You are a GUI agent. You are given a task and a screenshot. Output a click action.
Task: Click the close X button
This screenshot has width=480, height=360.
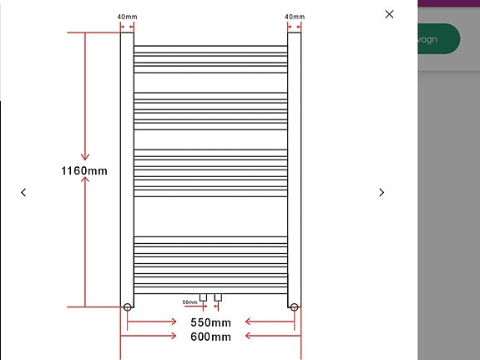pos(389,14)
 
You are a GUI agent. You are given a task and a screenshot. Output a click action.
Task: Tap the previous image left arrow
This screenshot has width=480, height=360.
pos(23,192)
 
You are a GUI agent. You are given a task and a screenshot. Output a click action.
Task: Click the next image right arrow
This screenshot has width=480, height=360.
pos(381,192)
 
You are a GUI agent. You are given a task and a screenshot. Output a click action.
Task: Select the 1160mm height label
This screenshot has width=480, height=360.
pos(84,170)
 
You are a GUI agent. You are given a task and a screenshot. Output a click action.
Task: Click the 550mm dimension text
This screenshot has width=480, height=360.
pos(210,322)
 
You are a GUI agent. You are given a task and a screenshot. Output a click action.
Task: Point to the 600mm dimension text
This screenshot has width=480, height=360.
pos(210,337)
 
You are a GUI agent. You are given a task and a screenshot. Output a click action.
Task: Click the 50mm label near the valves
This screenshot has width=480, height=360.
pos(189,302)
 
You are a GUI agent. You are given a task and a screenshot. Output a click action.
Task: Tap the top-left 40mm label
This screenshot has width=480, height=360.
pos(127,17)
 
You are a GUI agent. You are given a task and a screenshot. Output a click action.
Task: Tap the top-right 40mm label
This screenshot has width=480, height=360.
pos(294,17)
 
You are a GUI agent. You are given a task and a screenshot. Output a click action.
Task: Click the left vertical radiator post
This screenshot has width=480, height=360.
pos(127,167)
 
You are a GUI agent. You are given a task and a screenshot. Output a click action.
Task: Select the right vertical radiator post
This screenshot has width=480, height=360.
pos(294,167)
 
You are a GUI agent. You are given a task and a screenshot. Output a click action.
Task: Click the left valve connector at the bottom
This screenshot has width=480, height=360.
pos(203,297)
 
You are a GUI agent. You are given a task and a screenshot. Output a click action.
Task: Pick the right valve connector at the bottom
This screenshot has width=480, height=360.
pos(218,297)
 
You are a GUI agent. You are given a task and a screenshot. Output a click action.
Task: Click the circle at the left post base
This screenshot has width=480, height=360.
pos(127,307)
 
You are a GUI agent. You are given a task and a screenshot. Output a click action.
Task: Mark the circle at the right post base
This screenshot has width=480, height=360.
pos(294,307)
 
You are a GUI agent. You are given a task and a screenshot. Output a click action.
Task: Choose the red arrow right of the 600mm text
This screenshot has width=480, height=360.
pos(271,337)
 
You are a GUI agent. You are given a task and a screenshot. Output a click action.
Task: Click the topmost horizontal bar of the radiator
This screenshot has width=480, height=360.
pos(210,46)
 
